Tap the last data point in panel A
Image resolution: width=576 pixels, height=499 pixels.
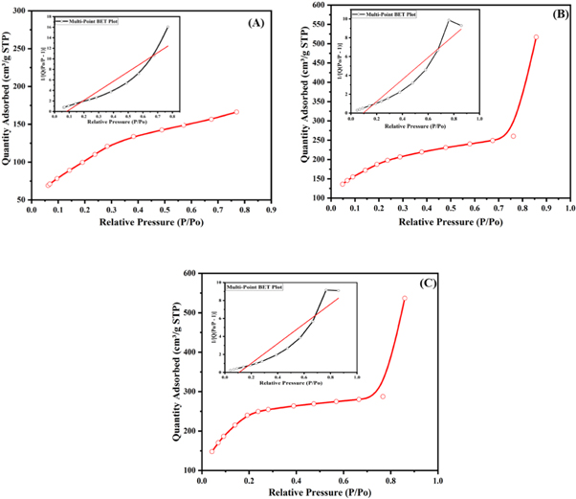pyautogui.click(x=236, y=112)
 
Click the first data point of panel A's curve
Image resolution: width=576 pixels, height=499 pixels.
pyautogui.click(x=49, y=185)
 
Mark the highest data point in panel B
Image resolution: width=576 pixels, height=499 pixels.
pyautogui.click(x=536, y=37)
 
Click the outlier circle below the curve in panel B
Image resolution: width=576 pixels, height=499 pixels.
pyautogui.click(x=513, y=136)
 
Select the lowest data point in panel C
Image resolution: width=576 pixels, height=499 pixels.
pyautogui.click(x=212, y=451)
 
